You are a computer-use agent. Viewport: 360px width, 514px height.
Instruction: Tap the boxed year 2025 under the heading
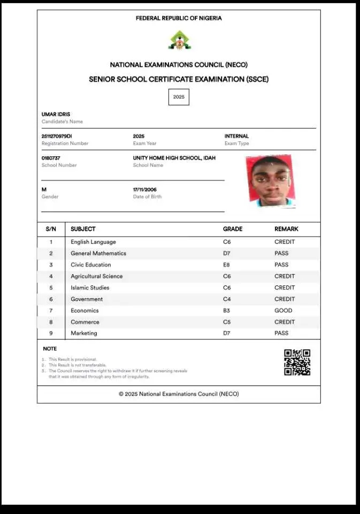tap(179, 97)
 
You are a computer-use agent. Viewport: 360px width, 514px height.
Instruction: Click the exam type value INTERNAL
tap(236, 137)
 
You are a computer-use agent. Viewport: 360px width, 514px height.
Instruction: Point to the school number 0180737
tap(51, 158)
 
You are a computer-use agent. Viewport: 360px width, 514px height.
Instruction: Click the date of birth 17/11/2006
tap(145, 190)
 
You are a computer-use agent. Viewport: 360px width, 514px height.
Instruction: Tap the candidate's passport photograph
tap(271, 181)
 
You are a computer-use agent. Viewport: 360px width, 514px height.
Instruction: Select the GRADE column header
tap(233, 229)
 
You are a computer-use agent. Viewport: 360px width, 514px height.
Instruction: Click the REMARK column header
tap(286, 229)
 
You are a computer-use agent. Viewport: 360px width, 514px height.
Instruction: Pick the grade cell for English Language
tap(227, 242)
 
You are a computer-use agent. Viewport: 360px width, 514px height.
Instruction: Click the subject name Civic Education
tap(91, 265)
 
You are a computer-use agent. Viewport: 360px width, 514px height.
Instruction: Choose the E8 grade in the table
tap(227, 265)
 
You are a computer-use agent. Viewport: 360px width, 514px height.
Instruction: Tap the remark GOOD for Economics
tap(284, 311)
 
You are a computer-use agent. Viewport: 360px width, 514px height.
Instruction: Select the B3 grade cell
tap(227, 311)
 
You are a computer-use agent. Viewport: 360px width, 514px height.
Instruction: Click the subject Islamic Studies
tap(90, 288)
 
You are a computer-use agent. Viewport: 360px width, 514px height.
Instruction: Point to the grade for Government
tap(227, 299)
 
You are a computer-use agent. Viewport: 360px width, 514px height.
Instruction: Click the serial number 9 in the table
tap(51, 334)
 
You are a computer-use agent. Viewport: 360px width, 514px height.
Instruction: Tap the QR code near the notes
tap(297, 362)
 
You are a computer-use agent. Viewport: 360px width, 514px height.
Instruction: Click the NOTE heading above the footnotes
tap(50, 349)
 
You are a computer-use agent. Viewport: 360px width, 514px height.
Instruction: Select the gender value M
tap(44, 190)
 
